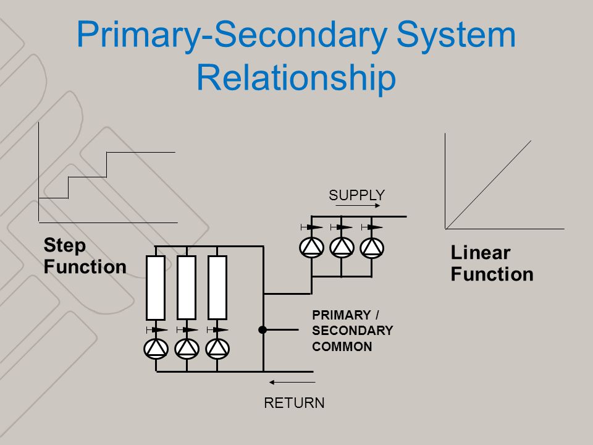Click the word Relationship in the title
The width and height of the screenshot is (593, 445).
(x=296, y=78)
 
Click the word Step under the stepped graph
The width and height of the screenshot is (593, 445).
(x=65, y=245)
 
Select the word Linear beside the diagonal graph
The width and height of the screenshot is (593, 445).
(x=481, y=252)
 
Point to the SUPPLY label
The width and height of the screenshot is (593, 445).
(x=356, y=195)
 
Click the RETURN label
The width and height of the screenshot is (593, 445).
(x=294, y=403)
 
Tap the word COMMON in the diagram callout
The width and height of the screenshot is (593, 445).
(x=342, y=347)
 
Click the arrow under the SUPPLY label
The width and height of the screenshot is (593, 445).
(x=358, y=206)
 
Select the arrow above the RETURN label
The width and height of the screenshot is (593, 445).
(x=292, y=383)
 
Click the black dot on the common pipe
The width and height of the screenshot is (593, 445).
(x=263, y=330)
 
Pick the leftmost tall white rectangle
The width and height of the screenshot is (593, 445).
(x=156, y=288)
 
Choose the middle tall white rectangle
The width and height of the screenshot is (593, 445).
(x=187, y=287)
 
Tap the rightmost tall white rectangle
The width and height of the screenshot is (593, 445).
(x=217, y=287)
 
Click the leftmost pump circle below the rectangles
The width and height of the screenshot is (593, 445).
(x=156, y=349)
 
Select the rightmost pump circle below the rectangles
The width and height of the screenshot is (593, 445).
(x=217, y=349)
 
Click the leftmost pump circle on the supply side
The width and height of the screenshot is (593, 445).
(x=311, y=248)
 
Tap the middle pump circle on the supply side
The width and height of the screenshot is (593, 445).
(x=342, y=248)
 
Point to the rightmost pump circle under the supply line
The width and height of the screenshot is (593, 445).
(x=372, y=248)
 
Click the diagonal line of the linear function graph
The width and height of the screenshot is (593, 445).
(x=488, y=185)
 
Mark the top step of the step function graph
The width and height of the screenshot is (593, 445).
(x=141, y=153)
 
